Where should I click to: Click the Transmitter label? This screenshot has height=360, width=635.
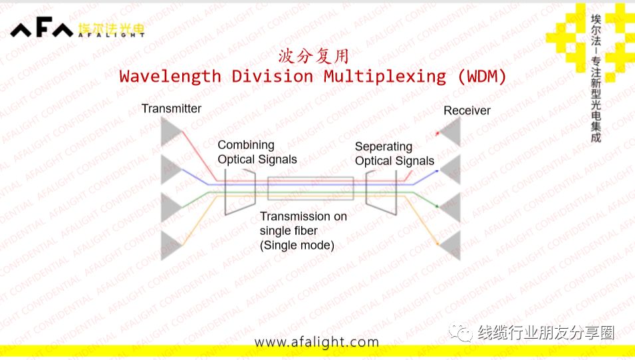(171, 108)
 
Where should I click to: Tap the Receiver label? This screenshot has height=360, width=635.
(467, 110)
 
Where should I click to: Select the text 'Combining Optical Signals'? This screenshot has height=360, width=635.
(257, 152)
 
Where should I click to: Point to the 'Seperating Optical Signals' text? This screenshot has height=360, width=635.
(394, 154)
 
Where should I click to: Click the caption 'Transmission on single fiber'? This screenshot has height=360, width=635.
(303, 230)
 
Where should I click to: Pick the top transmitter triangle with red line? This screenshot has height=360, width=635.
(172, 132)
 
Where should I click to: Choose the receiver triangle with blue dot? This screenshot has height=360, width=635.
(451, 171)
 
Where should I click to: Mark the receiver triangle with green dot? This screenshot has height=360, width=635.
(451, 208)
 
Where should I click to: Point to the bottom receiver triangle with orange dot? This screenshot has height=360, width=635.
(451, 245)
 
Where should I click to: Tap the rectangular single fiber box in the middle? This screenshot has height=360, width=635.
(310, 188)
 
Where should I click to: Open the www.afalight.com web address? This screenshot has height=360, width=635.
(317, 342)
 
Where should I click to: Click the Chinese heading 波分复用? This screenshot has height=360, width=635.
(313, 55)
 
